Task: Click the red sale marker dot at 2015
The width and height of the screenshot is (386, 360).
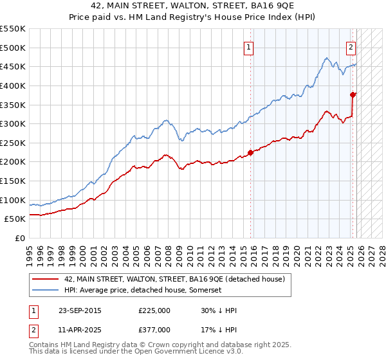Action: pos(250,152)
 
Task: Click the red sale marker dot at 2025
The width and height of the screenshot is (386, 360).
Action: pos(353,94)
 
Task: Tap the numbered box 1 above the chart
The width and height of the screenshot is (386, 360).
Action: pos(248,46)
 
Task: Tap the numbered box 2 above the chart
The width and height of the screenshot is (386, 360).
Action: pos(351,46)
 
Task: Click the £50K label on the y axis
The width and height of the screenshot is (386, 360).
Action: pos(15,219)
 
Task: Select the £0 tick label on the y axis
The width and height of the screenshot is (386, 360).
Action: pos(20,238)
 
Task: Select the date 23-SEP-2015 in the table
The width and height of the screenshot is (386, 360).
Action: pos(80,310)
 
